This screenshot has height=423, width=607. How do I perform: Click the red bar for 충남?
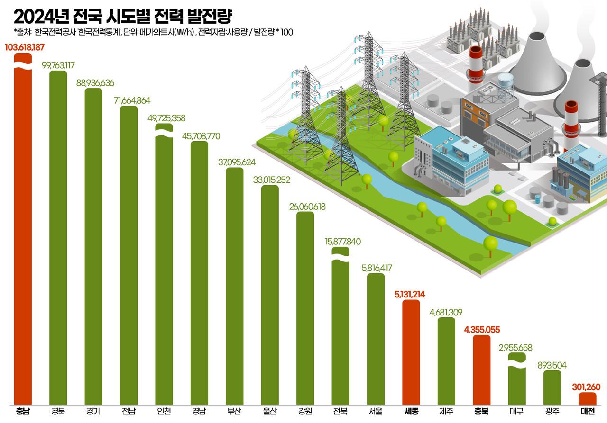(x=23, y=237)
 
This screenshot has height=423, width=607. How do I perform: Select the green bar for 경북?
(x=58, y=237)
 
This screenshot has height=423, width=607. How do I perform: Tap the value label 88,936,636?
(x=95, y=83)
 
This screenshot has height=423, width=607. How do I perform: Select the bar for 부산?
(x=234, y=284)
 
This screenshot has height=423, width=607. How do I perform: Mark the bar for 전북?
(x=340, y=332)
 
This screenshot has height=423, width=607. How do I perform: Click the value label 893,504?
(x=552, y=365)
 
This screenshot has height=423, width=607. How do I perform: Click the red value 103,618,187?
(x=25, y=47)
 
